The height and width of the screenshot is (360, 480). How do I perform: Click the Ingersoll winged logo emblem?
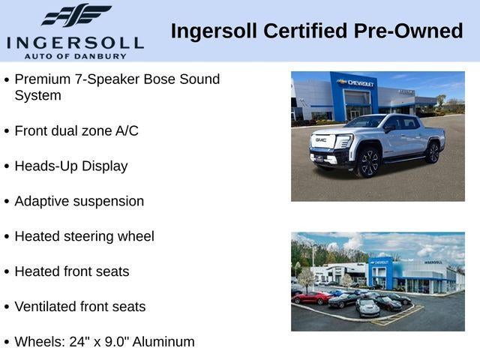tap(76, 15)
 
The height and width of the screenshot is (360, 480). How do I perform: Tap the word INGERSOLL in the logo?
tap(75, 42)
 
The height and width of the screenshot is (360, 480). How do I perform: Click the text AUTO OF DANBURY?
tap(75, 55)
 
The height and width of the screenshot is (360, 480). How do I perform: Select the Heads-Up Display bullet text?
tap(71, 166)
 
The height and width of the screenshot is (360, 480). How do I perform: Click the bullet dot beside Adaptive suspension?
tap(7, 202)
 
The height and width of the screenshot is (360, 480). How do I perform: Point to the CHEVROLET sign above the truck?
tap(356, 83)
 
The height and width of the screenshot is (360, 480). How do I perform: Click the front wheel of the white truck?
tap(367, 163)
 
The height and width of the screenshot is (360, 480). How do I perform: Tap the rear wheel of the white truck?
tap(433, 152)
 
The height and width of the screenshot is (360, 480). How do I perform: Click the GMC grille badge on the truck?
tap(321, 139)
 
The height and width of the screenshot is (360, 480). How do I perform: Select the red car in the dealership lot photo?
tap(311, 298)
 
